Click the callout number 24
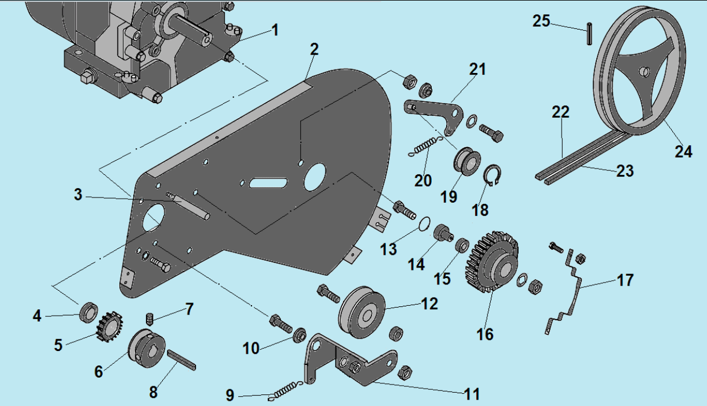point(683,152)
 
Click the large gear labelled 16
point(492,261)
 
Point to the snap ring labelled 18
point(491,176)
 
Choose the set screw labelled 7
point(149,318)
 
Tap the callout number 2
point(314,49)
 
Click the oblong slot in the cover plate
point(266,183)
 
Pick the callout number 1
point(275,30)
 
